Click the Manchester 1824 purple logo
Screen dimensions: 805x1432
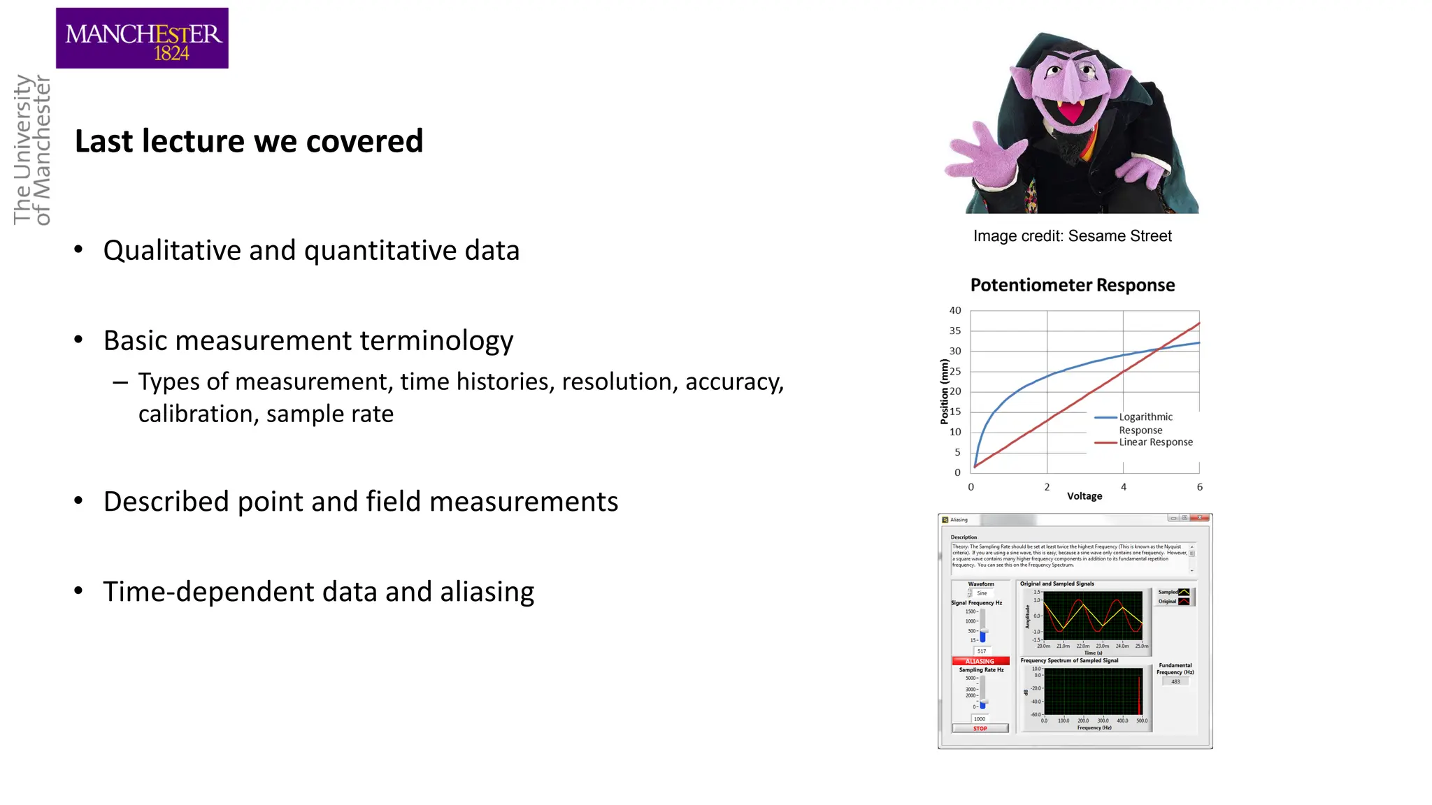pyautogui.click(x=142, y=38)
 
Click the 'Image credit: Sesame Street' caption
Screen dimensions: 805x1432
pyautogui.click(x=1072, y=236)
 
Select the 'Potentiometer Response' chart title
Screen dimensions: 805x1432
pyautogui.click(x=1072, y=285)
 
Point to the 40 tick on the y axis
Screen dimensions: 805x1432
pyautogui.click(x=954, y=310)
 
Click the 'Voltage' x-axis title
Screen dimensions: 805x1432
pyautogui.click(x=1084, y=496)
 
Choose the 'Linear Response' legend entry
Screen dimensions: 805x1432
pyautogui.click(x=1155, y=442)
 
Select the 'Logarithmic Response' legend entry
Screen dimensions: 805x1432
pyautogui.click(x=1145, y=423)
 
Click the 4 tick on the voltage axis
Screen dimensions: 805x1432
pyautogui.click(x=1123, y=487)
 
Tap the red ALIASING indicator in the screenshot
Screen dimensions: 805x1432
pyautogui.click(x=980, y=661)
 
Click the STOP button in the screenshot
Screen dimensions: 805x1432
pyautogui.click(x=980, y=729)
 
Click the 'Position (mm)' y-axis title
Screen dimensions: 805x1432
pyautogui.click(x=945, y=392)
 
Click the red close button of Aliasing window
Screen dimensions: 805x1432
pyautogui.click(x=1200, y=518)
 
